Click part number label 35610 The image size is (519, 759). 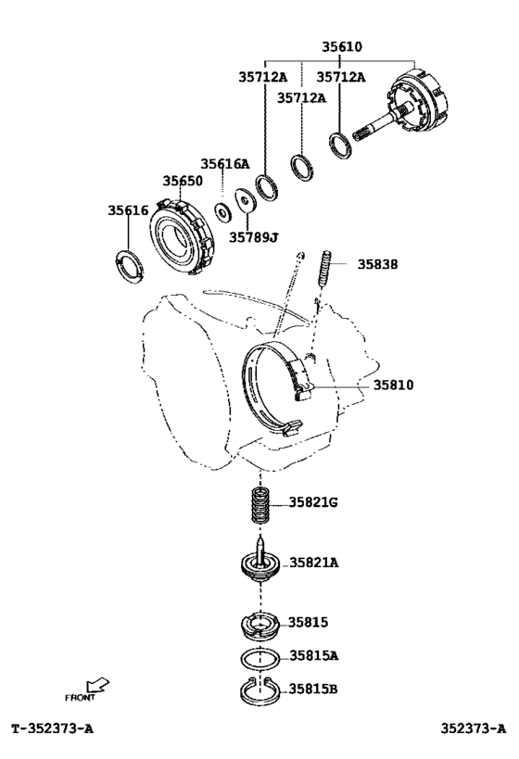[x=342, y=46]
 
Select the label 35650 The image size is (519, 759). [x=183, y=181]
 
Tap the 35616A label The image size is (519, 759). [x=225, y=164]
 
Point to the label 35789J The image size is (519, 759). [x=253, y=237]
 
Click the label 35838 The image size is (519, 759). [x=377, y=264]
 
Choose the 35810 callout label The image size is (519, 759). [x=393, y=385]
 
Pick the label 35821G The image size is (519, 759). [x=313, y=502]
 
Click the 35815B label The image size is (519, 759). [x=313, y=689]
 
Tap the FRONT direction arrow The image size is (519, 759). [x=97, y=686]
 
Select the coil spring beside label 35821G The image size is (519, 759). [x=260, y=505]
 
